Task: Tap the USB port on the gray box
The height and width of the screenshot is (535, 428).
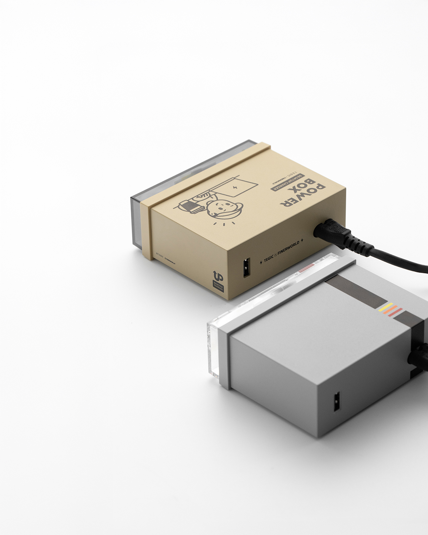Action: (336, 402)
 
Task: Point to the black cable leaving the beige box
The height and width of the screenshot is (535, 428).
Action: (399, 259)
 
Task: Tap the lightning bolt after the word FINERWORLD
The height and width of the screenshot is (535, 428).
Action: (302, 239)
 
